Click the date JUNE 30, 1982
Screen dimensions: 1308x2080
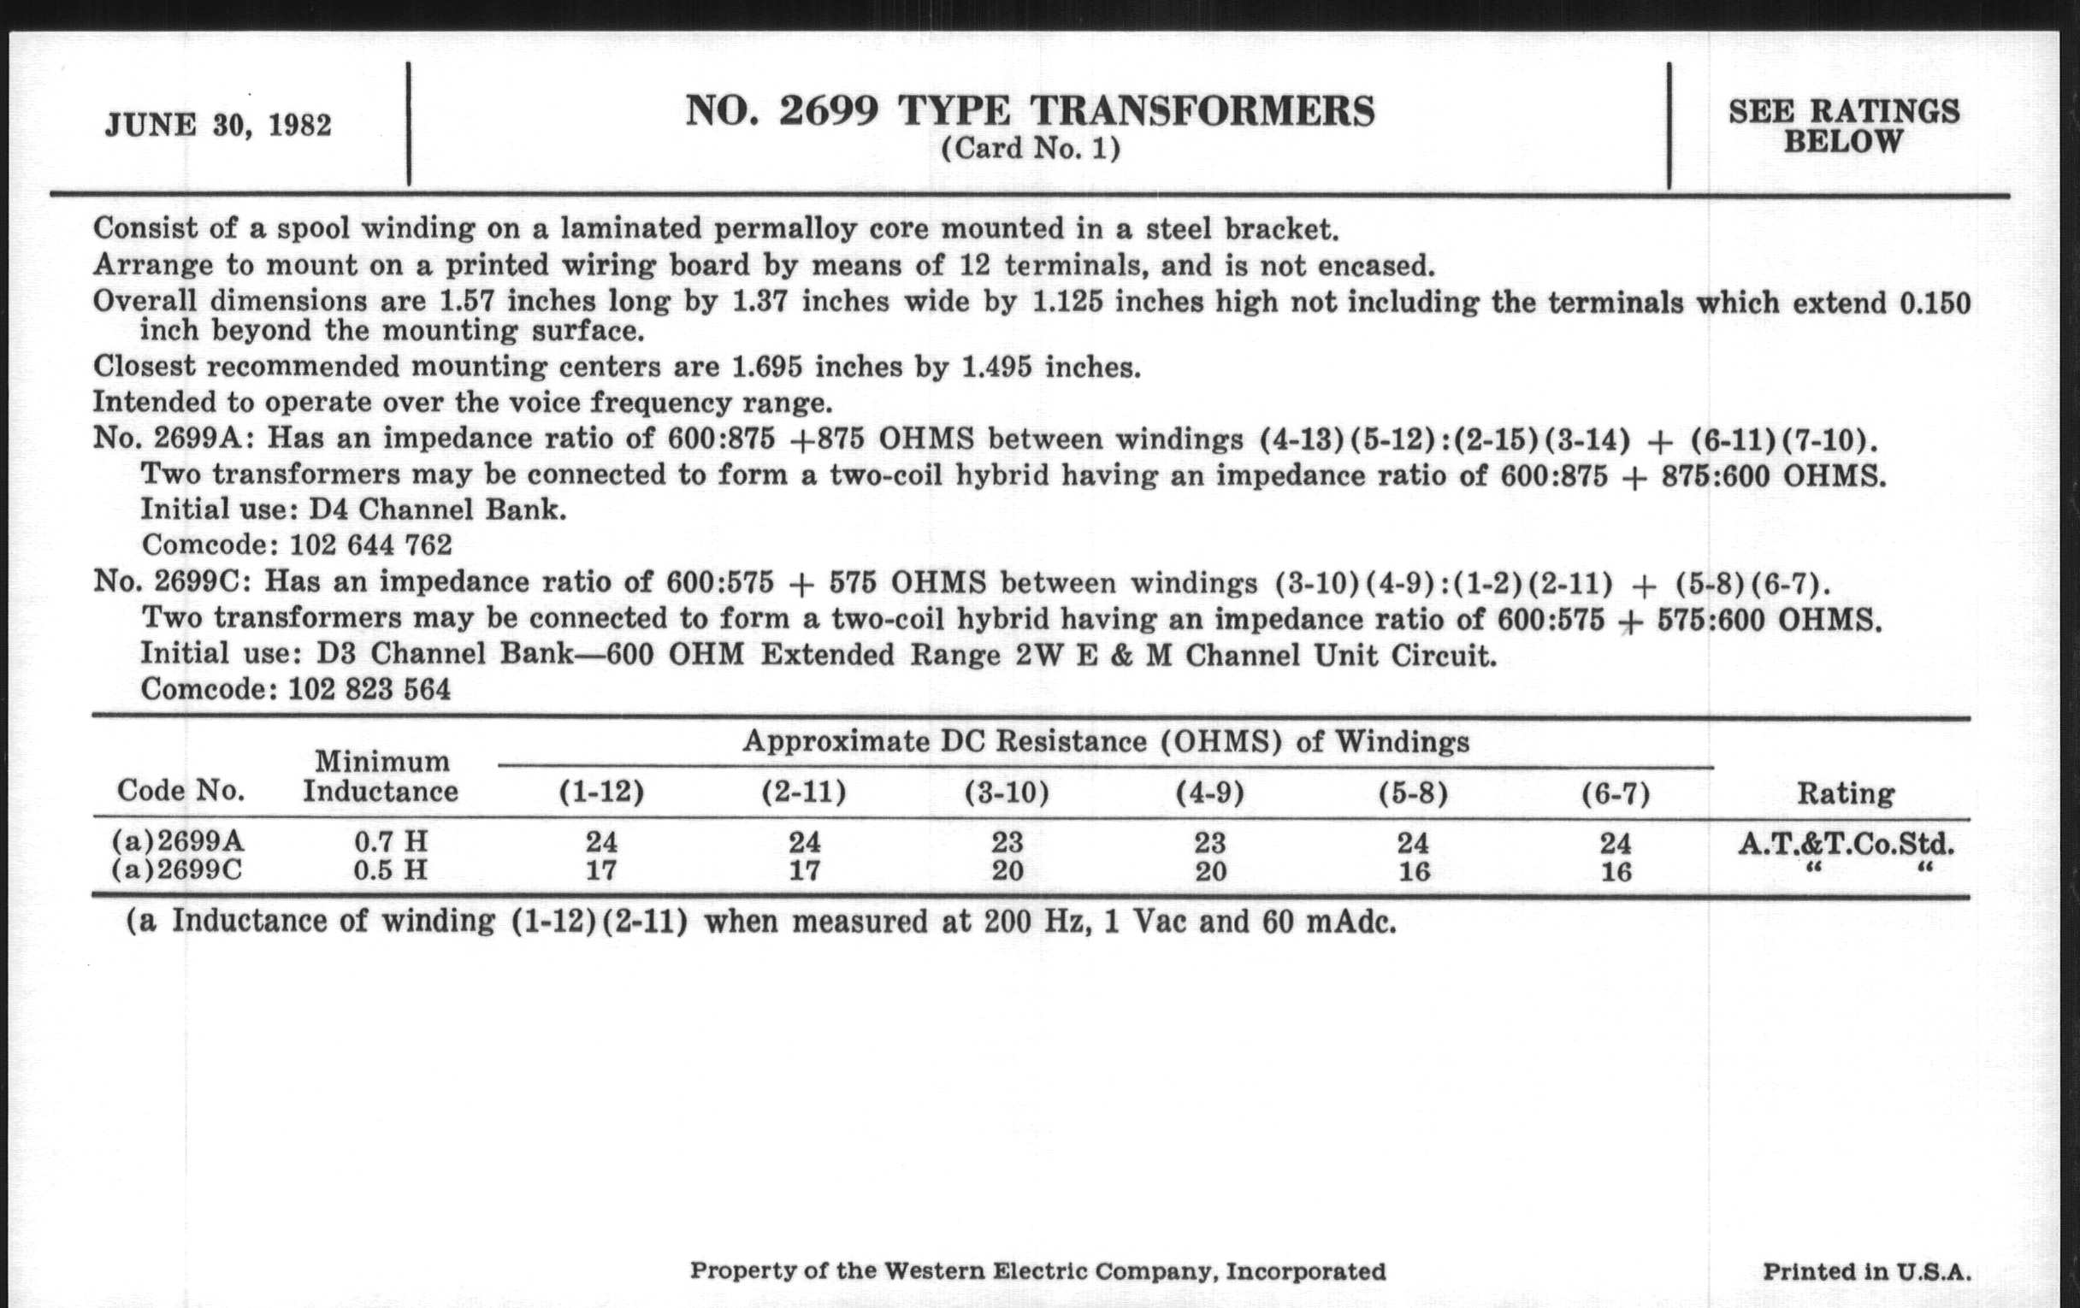tap(218, 125)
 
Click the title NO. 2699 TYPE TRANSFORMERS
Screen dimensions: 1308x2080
tap(1030, 111)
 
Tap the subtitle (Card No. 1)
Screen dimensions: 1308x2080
tap(1031, 150)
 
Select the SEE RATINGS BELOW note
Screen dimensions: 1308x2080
tap(1843, 126)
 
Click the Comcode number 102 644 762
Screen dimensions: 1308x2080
tap(370, 545)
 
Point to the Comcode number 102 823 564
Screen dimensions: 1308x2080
tap(369, 689)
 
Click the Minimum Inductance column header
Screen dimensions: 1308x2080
tap(380, 776)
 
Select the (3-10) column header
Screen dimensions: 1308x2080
tap(1007, 792)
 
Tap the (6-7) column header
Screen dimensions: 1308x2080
tap(1616, 793)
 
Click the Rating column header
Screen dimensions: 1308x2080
tap(1846, 793)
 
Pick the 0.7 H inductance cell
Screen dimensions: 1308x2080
tap(391, 841)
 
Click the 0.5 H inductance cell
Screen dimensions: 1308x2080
tap(391, 869)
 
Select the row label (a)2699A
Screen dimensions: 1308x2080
tap(178, 840)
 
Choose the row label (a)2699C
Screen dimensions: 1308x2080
tap(177, 869)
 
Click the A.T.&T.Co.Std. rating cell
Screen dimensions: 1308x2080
tap(1846, 843)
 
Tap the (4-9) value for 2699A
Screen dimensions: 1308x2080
tap(1209, 842)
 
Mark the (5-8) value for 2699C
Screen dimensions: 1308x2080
tap(1413, 871)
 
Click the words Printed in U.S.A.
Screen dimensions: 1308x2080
tap(1867, 1272)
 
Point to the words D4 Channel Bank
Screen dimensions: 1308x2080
tap(438, 510)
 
